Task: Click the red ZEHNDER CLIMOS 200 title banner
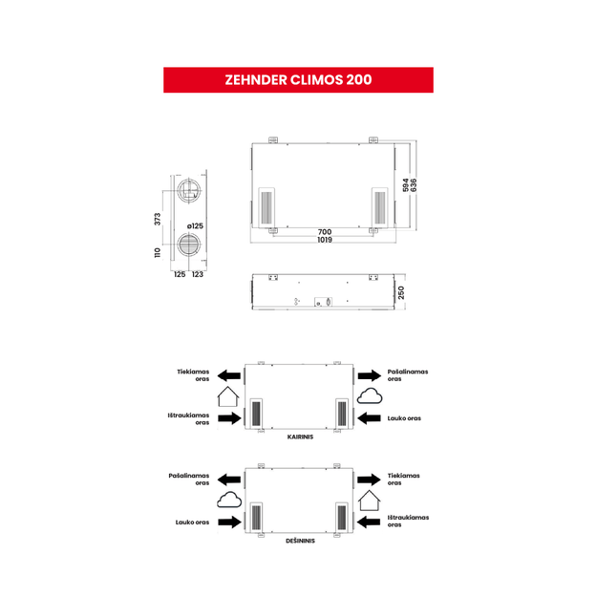click(298, 80)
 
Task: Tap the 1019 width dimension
click(325, 240)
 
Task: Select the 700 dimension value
click(325, 232)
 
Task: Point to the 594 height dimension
click(406, 185)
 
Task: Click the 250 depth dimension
click(401, 293)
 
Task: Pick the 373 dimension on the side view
click(158, 219)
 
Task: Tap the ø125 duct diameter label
click(195, 226)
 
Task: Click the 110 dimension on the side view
click(158, 252)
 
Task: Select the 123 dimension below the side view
click(197, 274)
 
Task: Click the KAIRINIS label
click(300, 437)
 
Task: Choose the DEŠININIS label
click(300, 541)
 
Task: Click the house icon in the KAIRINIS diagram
click(228, 396)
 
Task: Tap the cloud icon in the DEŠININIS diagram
click(229, 500)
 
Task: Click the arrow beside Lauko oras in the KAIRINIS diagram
click(370, 418)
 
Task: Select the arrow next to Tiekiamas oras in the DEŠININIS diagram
click(369, 480)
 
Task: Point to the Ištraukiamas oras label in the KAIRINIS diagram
click(188, 418)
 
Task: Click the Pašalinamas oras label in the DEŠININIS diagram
click(189, 480)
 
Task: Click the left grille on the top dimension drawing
click(267, 207)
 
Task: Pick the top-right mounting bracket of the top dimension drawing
click(373, 139)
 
